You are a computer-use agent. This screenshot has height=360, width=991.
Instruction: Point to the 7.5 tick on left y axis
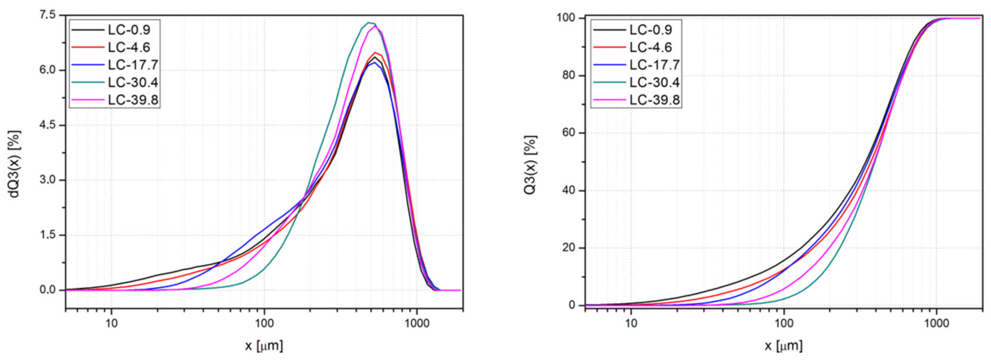47,15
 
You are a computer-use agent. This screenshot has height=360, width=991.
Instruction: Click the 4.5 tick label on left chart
47,125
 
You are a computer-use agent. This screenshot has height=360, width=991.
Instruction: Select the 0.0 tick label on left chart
47,290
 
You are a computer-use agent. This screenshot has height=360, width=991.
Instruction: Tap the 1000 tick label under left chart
417,323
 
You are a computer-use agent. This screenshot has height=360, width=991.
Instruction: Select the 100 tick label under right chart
784,323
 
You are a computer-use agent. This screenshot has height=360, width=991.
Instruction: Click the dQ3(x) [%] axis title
14,164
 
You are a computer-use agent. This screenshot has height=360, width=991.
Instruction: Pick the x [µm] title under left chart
264,345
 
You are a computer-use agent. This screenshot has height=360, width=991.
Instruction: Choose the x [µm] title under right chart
783,345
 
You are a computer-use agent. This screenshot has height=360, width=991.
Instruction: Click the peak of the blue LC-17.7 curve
374,63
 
